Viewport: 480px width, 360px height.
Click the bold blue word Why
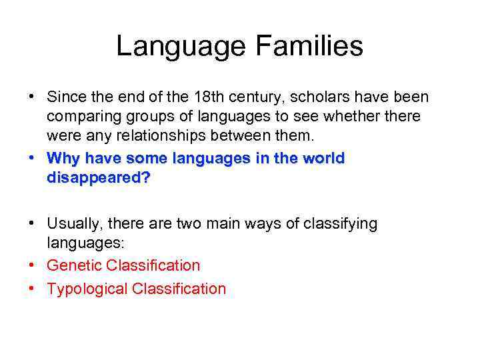coord(63,159)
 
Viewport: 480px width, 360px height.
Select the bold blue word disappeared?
coord(99,179)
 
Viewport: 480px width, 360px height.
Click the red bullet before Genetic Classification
coord(33,265)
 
